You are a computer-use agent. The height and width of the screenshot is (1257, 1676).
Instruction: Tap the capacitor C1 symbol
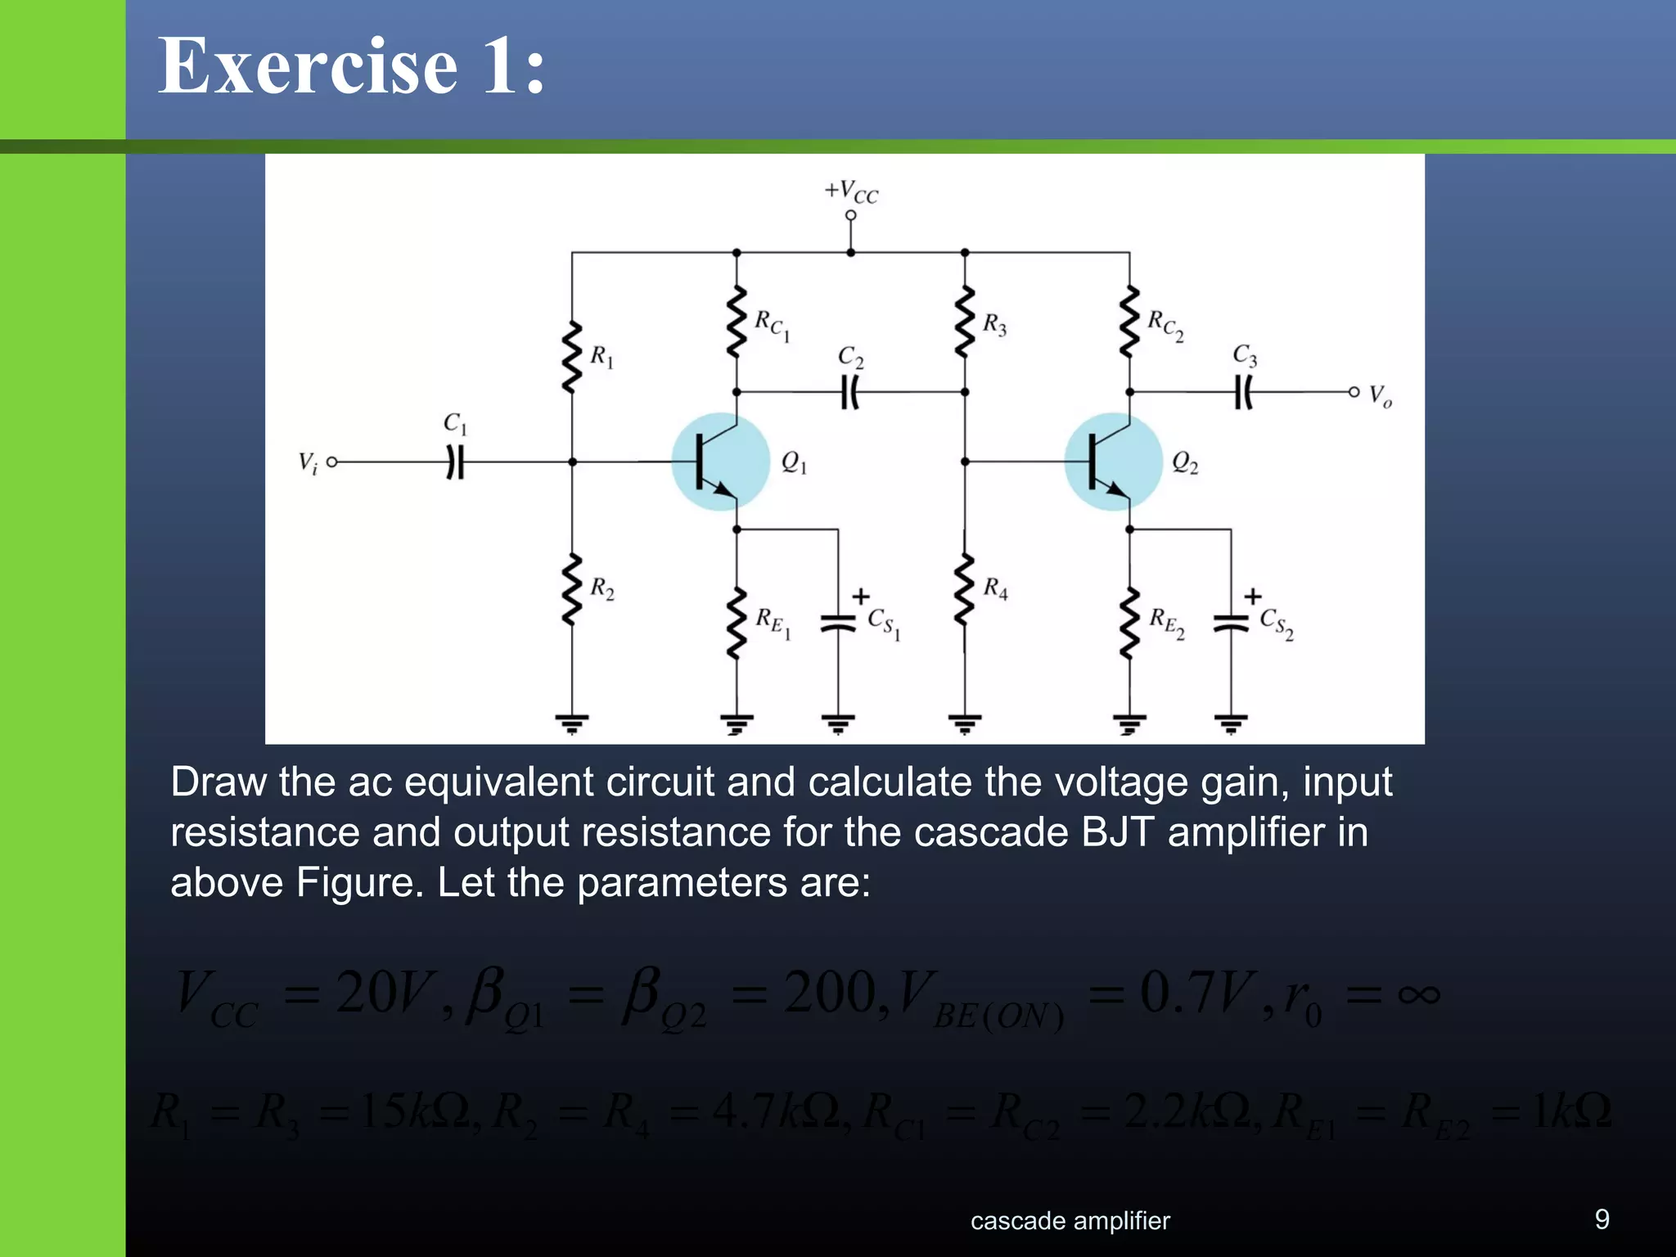(455, 462)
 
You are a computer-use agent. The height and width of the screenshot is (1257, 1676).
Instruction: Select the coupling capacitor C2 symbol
(850, 393)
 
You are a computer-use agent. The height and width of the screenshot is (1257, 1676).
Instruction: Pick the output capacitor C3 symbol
(1243, 393)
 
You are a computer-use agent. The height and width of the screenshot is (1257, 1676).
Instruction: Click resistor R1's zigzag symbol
(572, 358)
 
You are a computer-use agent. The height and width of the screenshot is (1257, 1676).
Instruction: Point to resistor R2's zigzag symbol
(572, 588)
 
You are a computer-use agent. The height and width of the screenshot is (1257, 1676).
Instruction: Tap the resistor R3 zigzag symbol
(965, 322)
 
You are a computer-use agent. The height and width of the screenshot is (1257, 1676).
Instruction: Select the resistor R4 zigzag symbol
(965, 588)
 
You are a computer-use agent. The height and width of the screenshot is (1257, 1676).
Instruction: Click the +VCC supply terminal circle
(851, 215)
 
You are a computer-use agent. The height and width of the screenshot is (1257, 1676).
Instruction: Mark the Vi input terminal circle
(332, 462)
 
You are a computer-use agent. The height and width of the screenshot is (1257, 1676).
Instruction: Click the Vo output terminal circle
(1354, 393)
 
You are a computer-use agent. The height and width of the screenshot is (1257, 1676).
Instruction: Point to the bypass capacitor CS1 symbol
(838, 624)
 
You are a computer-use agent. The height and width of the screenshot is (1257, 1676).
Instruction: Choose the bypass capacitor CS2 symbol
(1231, 624)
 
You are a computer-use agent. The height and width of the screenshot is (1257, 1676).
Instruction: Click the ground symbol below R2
(572, 723)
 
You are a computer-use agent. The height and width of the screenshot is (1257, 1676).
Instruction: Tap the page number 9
(1602, 1219)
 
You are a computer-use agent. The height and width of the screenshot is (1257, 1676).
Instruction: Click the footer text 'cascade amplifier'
(1070, 1221)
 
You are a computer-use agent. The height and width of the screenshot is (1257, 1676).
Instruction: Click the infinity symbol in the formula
(1418, 994)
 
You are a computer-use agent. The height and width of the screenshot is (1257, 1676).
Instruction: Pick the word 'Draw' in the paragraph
(218, 782)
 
